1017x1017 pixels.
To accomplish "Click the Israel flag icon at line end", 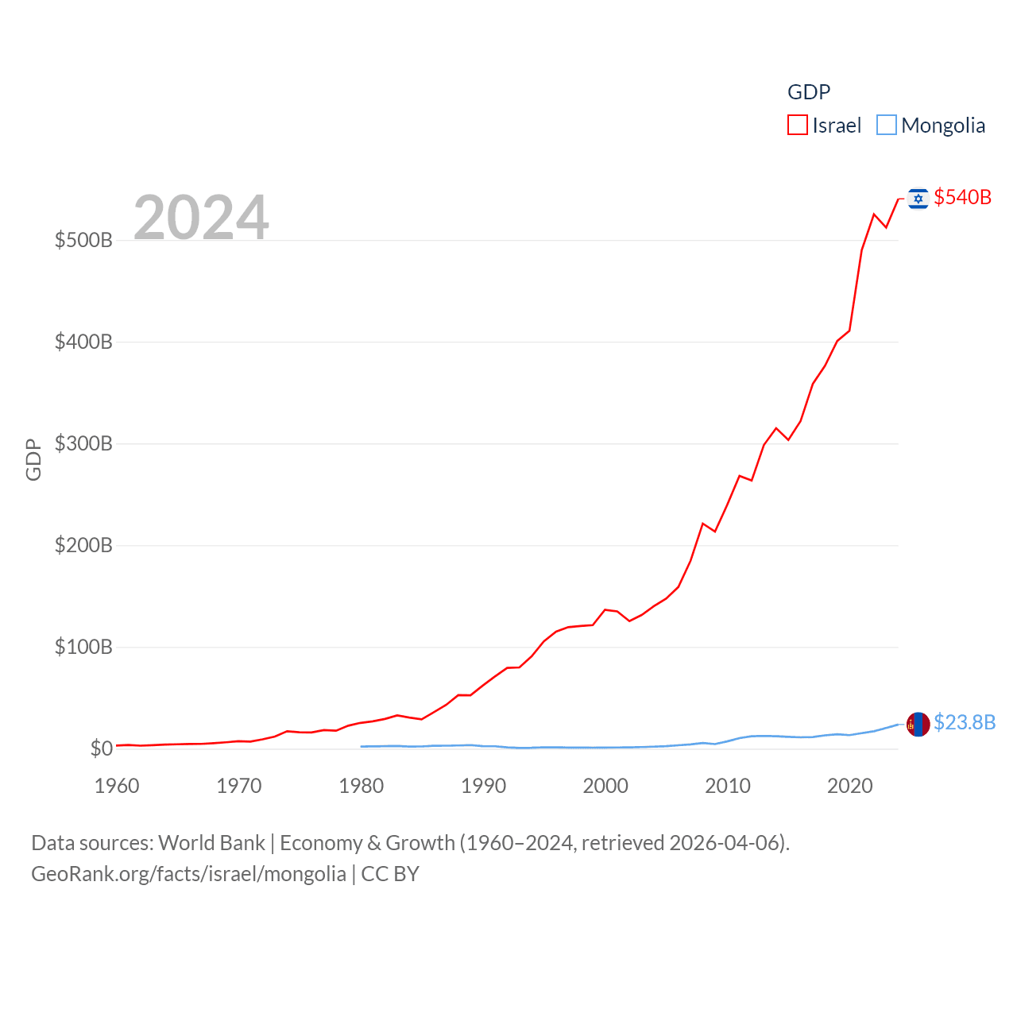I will pyautogui.click(x=918, y=199).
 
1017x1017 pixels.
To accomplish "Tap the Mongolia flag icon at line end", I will pyautogui.click(x=918, y=724).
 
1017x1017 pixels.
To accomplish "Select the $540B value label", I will pyautogui.click(x=962, y=197).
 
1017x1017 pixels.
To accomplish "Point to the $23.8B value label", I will pyautogui.click(x=965, y=722).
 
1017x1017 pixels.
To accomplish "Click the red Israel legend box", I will pyautogui.click(x=798, y=126).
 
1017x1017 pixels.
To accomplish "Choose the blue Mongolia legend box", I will pyautogui.click(x=887, y=126).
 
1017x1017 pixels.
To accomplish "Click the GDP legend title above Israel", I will pyautogui.click(x=809, y=92).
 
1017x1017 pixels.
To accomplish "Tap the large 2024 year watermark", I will pyautogui.click(x=201, y=217).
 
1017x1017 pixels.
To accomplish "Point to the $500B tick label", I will pyautogui.click(x=83, y=240).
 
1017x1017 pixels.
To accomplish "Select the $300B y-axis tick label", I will pyautogui.click(x=83, y=443).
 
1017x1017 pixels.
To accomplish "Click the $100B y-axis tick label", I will pyautogui.click(x=83, y=647).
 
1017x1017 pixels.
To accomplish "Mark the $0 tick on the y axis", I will pyautogui.click(x=101, y=748).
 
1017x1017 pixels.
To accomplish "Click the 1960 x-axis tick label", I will pyautogui.click(x=117, y=786).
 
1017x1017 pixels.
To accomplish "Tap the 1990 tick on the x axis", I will pyautogui.click(x=483, y=786).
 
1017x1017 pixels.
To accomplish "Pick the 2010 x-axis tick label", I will pyautogui.click(x=728, y=786).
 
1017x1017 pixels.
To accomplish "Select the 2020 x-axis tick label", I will pyautogui.click(x=850, y=786).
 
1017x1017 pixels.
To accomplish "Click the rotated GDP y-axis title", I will pyautogui.click(x=33, y=459).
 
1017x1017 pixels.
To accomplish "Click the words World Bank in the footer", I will pyautogui.click(x=211, y=842).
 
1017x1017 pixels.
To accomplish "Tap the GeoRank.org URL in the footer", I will pyautogui.click(x=188, y=874).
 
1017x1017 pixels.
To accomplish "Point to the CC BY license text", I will pyautogui.click(x=390, y=874).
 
